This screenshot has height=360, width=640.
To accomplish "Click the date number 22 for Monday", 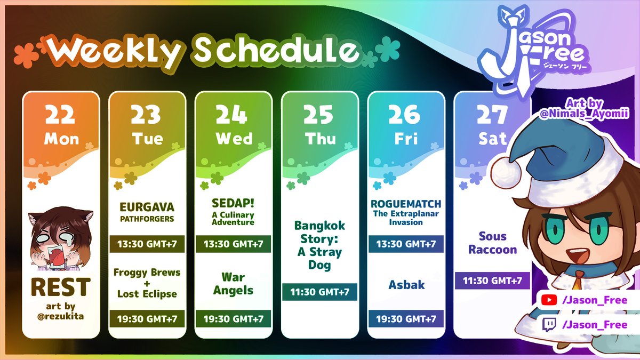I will point(61,114).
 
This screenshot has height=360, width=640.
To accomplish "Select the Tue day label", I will point(147,139).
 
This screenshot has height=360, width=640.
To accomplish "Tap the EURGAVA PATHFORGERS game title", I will point(147,211).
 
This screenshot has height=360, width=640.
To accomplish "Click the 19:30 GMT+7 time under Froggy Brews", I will point(147,319).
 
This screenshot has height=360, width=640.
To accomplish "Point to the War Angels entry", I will point(233,284).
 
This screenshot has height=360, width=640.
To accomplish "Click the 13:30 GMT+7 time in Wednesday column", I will point(233,244).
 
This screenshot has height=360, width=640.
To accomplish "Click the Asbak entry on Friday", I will point(406,285).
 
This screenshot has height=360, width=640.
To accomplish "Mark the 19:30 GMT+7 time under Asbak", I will point(406,319).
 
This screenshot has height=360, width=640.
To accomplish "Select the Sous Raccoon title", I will point(492,243).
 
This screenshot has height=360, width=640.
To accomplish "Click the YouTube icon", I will point(548,301).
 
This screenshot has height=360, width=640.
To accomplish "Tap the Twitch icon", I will point(548,324).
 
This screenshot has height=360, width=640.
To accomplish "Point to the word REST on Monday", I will point(60,287).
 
